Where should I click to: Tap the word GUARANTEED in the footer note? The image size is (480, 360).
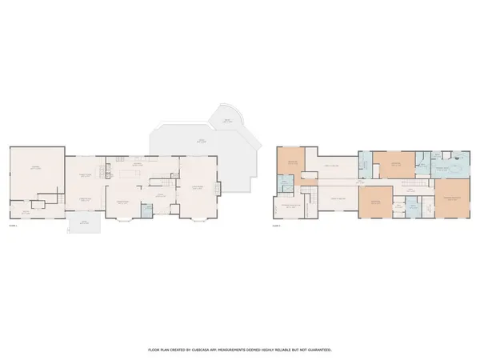click(x=314, y=350)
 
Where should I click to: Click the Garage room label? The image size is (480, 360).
click(x=35, y=167)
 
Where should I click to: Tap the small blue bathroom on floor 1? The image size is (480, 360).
click(x=146, y=210)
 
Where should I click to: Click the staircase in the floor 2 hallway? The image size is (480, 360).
click(x=410, y=186)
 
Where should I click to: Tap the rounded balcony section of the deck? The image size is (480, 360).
click(x=229, y=120)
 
